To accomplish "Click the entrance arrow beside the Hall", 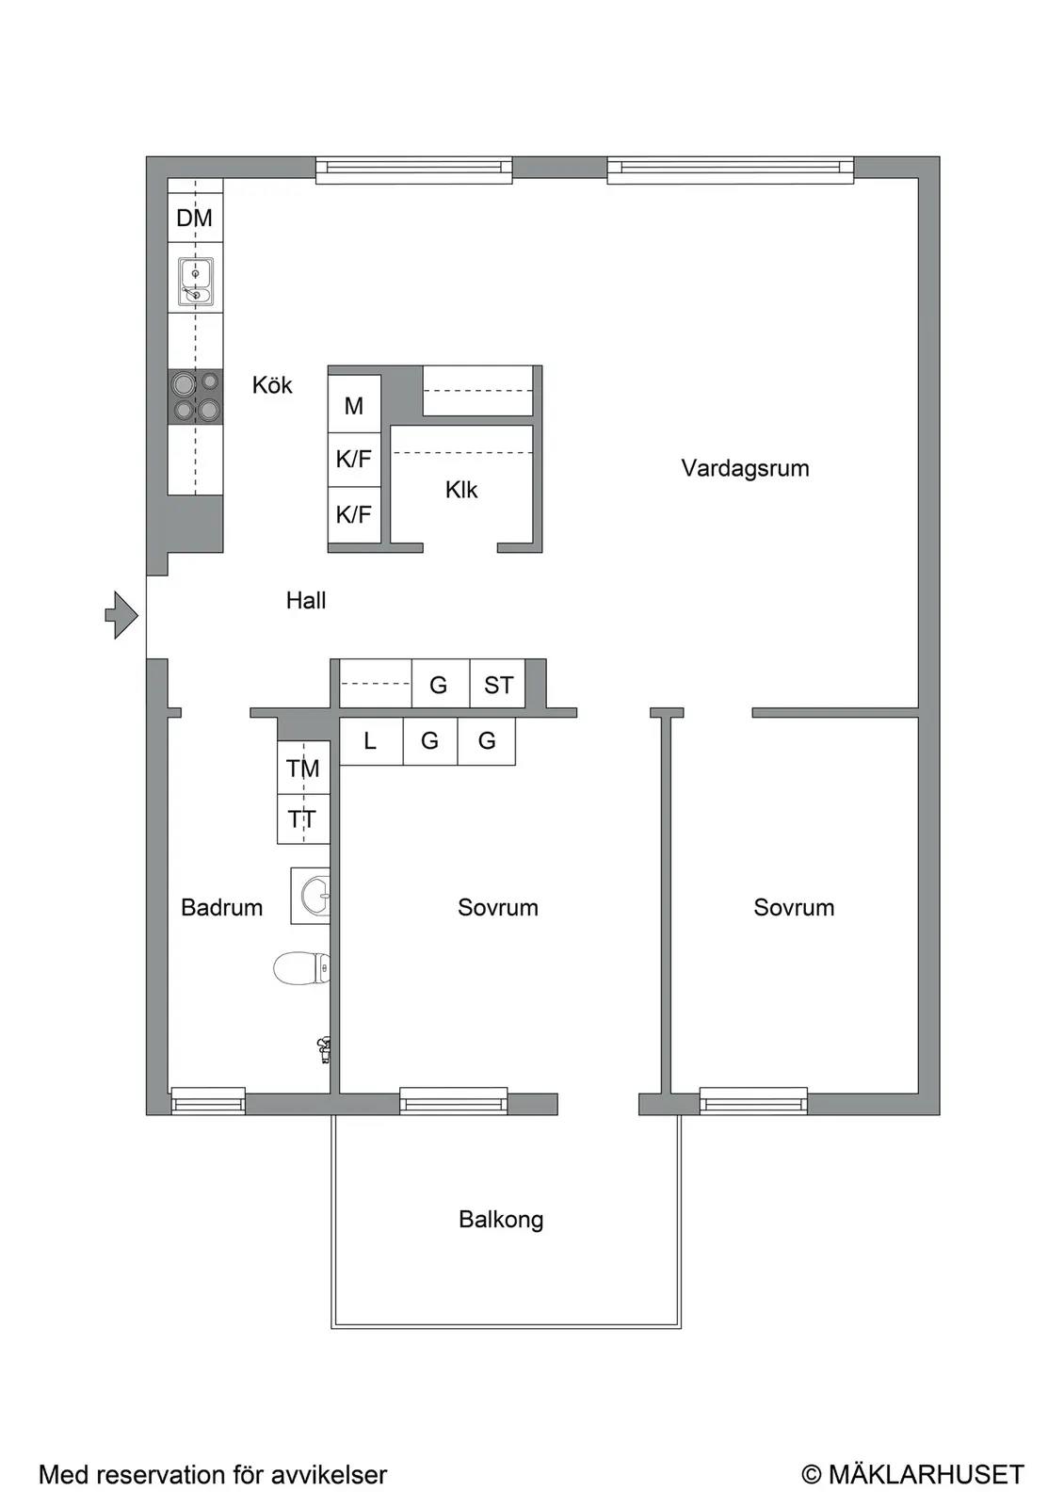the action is click(121, 615).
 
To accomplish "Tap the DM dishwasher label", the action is click(194, 218).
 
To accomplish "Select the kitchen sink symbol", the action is click(195, 282).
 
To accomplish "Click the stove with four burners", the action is click(195, 397).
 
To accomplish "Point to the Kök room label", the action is click(272, 385).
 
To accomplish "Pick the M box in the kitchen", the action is click(354, 405).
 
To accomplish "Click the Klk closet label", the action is click(461, 490).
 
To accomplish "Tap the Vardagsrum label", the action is click(745, 468).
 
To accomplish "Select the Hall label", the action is click(306, 600).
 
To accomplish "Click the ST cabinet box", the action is click(498, 684).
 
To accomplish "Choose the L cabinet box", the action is click(371, 740).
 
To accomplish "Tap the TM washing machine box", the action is click(303, 768).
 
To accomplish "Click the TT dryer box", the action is click(303, 818).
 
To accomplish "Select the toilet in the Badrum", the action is click(302, 968).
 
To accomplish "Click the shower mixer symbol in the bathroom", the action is click(324, 1049).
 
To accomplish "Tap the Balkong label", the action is click(501, 1220).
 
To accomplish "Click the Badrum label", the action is click(222, 908).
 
